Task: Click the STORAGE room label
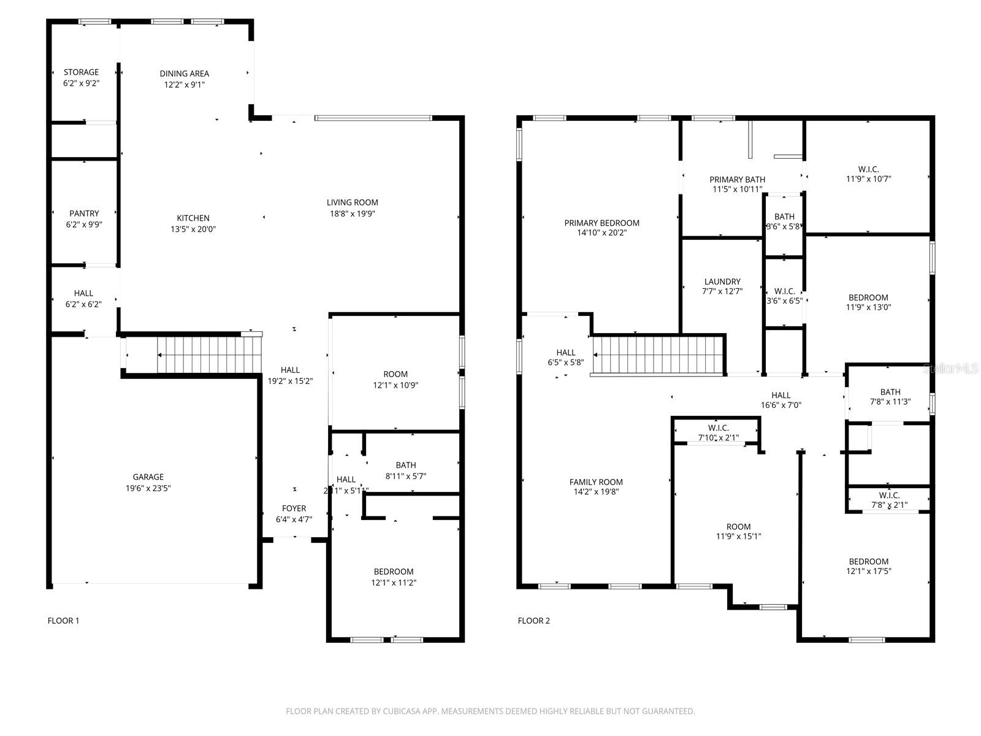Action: [81, 72]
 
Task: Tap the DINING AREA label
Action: [185, 74]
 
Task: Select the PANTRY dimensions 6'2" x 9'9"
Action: [84, 224]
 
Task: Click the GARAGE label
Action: [148, 477]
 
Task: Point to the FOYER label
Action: [294, 508]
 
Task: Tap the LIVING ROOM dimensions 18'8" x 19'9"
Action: [352, 213]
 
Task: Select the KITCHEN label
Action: [193, 218]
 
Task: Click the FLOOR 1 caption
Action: [63, 621]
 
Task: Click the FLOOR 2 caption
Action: [533, 621]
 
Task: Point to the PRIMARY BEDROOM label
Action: [601, 223]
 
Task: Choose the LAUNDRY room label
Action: [722, 282]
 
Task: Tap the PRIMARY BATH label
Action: [737, 180]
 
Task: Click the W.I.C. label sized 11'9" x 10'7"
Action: [868, 169]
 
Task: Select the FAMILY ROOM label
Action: [596, 482]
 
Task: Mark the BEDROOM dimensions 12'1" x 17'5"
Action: [869, 571]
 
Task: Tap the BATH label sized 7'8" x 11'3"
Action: [890, 393]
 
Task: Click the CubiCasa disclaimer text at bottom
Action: [490, 711]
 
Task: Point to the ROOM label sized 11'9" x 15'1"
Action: [738, 527]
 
